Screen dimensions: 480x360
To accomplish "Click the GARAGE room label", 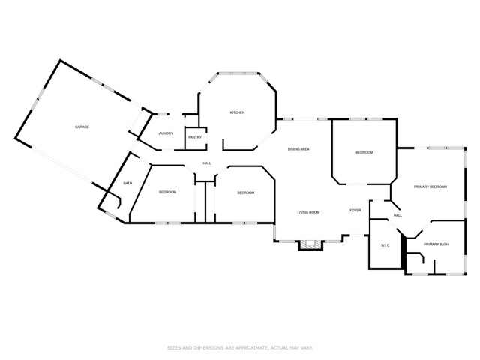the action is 82,127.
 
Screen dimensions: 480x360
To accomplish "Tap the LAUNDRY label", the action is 165,133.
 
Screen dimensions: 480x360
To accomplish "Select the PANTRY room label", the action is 195,137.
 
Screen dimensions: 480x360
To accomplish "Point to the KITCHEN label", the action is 237,112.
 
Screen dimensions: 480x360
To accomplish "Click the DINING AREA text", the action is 298,149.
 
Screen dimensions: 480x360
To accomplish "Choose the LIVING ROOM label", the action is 308,212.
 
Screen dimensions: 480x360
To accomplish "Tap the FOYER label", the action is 355,210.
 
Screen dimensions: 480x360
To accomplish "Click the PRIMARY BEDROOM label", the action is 430,187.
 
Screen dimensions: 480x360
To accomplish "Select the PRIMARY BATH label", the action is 436,244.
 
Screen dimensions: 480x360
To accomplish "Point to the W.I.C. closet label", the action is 385,245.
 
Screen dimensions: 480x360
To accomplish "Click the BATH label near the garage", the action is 127,183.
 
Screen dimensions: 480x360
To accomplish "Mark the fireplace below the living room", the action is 310,245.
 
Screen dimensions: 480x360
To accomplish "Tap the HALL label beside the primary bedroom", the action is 398,215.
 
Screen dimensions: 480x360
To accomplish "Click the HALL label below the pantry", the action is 207,163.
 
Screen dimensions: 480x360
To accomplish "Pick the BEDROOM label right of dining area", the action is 364,152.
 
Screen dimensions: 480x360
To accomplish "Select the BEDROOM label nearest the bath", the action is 168,192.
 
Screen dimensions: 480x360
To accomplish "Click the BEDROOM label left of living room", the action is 246,193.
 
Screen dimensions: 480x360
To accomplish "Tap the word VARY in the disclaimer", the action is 307,348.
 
